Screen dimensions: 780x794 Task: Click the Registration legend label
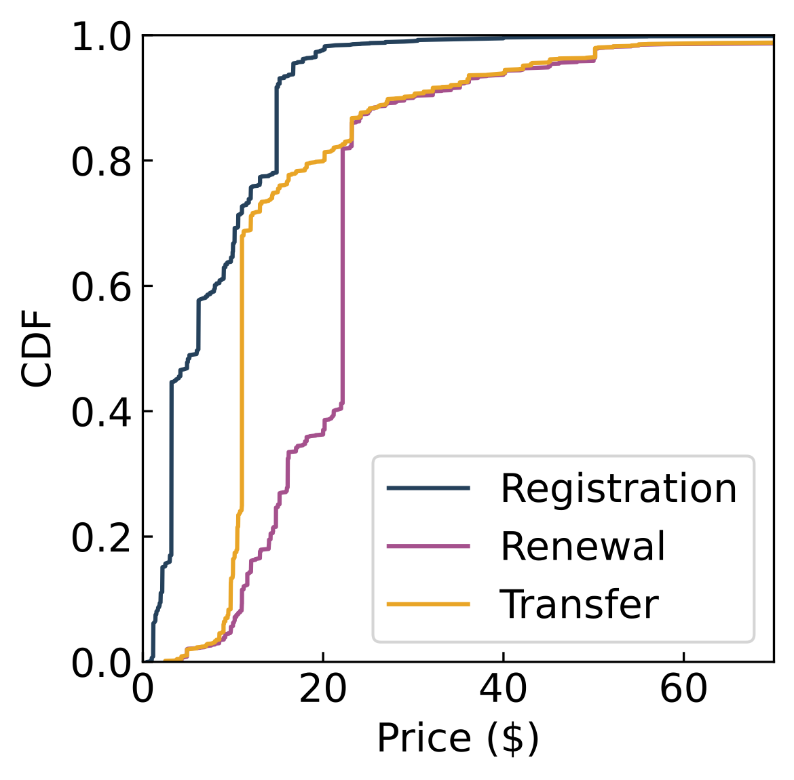(618, 488)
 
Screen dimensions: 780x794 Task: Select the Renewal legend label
(583, 546)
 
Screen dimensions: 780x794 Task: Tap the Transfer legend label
(579, 604)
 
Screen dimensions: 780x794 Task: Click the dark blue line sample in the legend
(428, 488)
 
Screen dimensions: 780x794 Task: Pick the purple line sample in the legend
(428, 546)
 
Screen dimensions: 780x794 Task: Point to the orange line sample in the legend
(428, 604)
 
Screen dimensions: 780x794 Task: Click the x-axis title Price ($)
(458, 738)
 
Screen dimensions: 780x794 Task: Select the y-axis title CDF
(37, 349)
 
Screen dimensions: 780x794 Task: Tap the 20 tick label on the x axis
(323, 690)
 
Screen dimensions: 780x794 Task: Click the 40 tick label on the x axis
(503, 690)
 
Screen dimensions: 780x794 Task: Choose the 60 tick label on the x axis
(683, 690)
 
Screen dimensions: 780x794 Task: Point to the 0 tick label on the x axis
(143, 690)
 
